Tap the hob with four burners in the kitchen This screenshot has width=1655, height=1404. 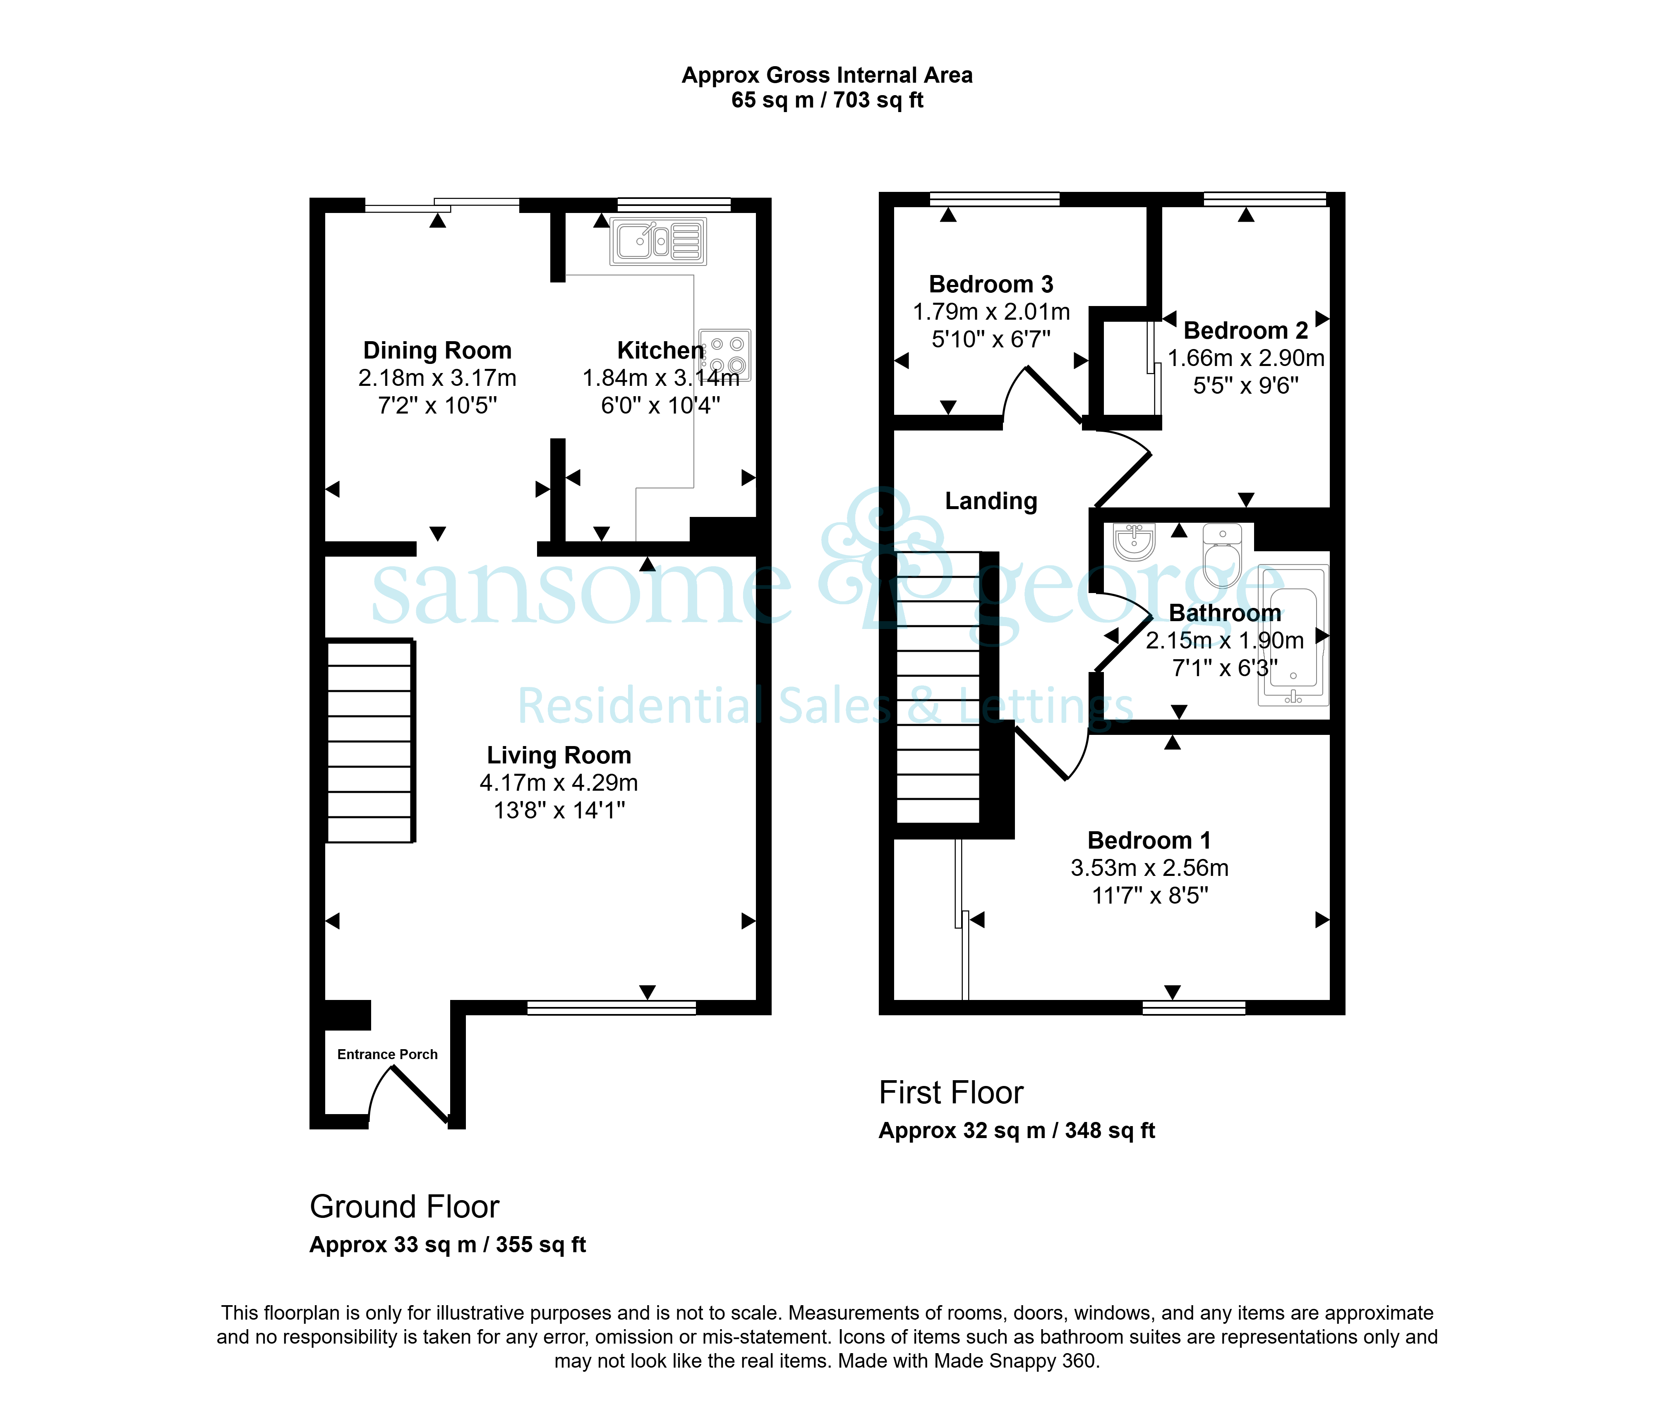point(725,355)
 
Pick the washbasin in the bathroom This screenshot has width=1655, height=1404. point(1134,541)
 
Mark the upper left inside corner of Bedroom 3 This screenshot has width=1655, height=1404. point(895,207)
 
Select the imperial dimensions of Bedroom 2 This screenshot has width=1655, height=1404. point(1246,386)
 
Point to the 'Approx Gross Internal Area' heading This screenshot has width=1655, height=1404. point(827,75)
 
